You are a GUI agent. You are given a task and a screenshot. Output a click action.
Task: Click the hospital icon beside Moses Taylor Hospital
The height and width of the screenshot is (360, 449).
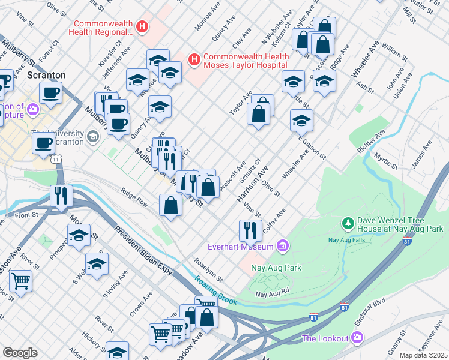[x=194, y=59]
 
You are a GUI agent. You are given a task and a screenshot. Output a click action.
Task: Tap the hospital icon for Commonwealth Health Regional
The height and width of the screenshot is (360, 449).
[x=142, y=26]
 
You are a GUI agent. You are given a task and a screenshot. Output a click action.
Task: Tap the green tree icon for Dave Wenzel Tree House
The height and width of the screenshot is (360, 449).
[x=348, y=224]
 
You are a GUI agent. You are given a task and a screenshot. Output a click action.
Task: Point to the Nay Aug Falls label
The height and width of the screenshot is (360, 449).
[x=348, y=240]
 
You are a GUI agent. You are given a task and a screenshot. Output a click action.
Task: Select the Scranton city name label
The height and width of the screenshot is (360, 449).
[x=46, y=75]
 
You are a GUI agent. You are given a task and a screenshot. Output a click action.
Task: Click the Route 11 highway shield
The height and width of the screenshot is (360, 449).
[x=55, y=160]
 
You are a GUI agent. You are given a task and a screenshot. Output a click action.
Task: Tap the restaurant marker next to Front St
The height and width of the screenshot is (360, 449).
[x=61, y=196]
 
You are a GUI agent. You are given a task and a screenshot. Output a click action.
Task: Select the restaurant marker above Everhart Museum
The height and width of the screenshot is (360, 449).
[x=250, y=230]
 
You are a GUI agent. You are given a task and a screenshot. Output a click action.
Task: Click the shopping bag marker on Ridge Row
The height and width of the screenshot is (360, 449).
[x=171, y=205]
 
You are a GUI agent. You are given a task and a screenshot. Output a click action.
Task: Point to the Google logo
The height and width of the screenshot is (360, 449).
[x=20, y=353]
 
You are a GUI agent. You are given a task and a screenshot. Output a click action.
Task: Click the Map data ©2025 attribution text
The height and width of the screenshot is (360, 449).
[x=423, y=355]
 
